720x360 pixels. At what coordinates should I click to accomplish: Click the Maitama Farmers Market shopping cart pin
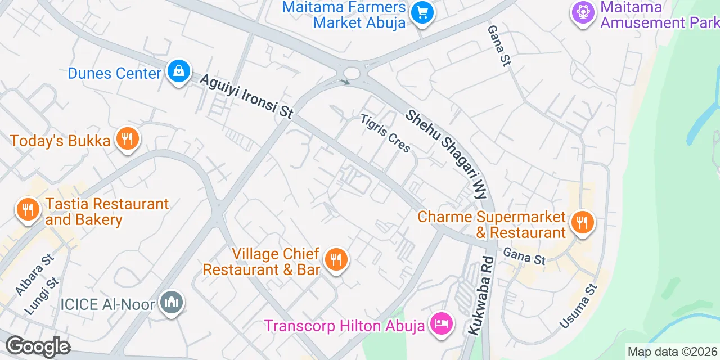[x=421, y=12]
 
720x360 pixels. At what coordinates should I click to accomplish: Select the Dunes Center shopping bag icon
[x=178, y=71]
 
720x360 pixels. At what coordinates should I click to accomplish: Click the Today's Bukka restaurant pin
[x=128, y=138]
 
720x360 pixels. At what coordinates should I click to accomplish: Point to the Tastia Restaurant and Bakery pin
[x=27, y=210]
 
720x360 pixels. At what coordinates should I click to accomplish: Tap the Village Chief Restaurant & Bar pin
[x=336, y=259]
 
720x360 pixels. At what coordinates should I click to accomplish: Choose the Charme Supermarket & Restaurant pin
[x=582, y=222]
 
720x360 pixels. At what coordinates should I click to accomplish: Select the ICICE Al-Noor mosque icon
[x=172, y=303]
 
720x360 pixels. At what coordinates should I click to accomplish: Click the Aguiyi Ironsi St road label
[x=246, y=96]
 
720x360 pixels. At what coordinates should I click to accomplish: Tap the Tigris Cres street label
[x=386, y=133]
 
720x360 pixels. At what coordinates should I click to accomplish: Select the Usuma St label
[x=578, y=307]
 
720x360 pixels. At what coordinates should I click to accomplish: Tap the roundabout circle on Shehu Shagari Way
[x=353, y=73]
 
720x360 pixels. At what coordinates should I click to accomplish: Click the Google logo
[x=38, y=346]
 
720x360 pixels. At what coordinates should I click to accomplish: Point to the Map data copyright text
[x=673, y=352]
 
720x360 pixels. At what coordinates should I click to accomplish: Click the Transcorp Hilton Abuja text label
[x=344, y=326]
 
